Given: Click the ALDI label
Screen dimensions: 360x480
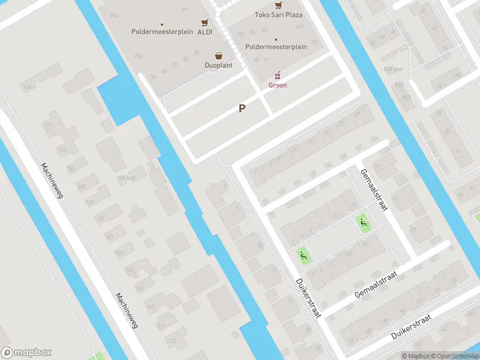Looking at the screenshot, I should [205, 32].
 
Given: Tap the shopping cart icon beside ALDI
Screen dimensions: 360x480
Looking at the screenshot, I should [205, 22].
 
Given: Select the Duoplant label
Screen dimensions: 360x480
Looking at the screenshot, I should [218, 65].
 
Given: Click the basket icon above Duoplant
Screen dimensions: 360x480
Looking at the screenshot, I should [218, 55].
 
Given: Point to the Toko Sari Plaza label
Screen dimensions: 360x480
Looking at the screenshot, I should [278, 14].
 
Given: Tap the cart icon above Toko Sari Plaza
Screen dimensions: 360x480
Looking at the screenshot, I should [278, 4].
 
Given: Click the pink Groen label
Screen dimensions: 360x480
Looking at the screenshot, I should [277, 85].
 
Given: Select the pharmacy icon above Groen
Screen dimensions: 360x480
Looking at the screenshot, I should [277, 76].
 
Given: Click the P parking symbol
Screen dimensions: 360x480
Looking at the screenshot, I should [242, 109].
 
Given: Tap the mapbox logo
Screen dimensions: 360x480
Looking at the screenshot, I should [26, 353].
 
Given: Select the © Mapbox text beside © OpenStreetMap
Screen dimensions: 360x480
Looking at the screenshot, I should [415, 356].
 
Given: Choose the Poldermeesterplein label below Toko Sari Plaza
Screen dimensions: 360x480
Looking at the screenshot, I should [276, 47].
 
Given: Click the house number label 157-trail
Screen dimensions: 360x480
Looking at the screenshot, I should [125, 178].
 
